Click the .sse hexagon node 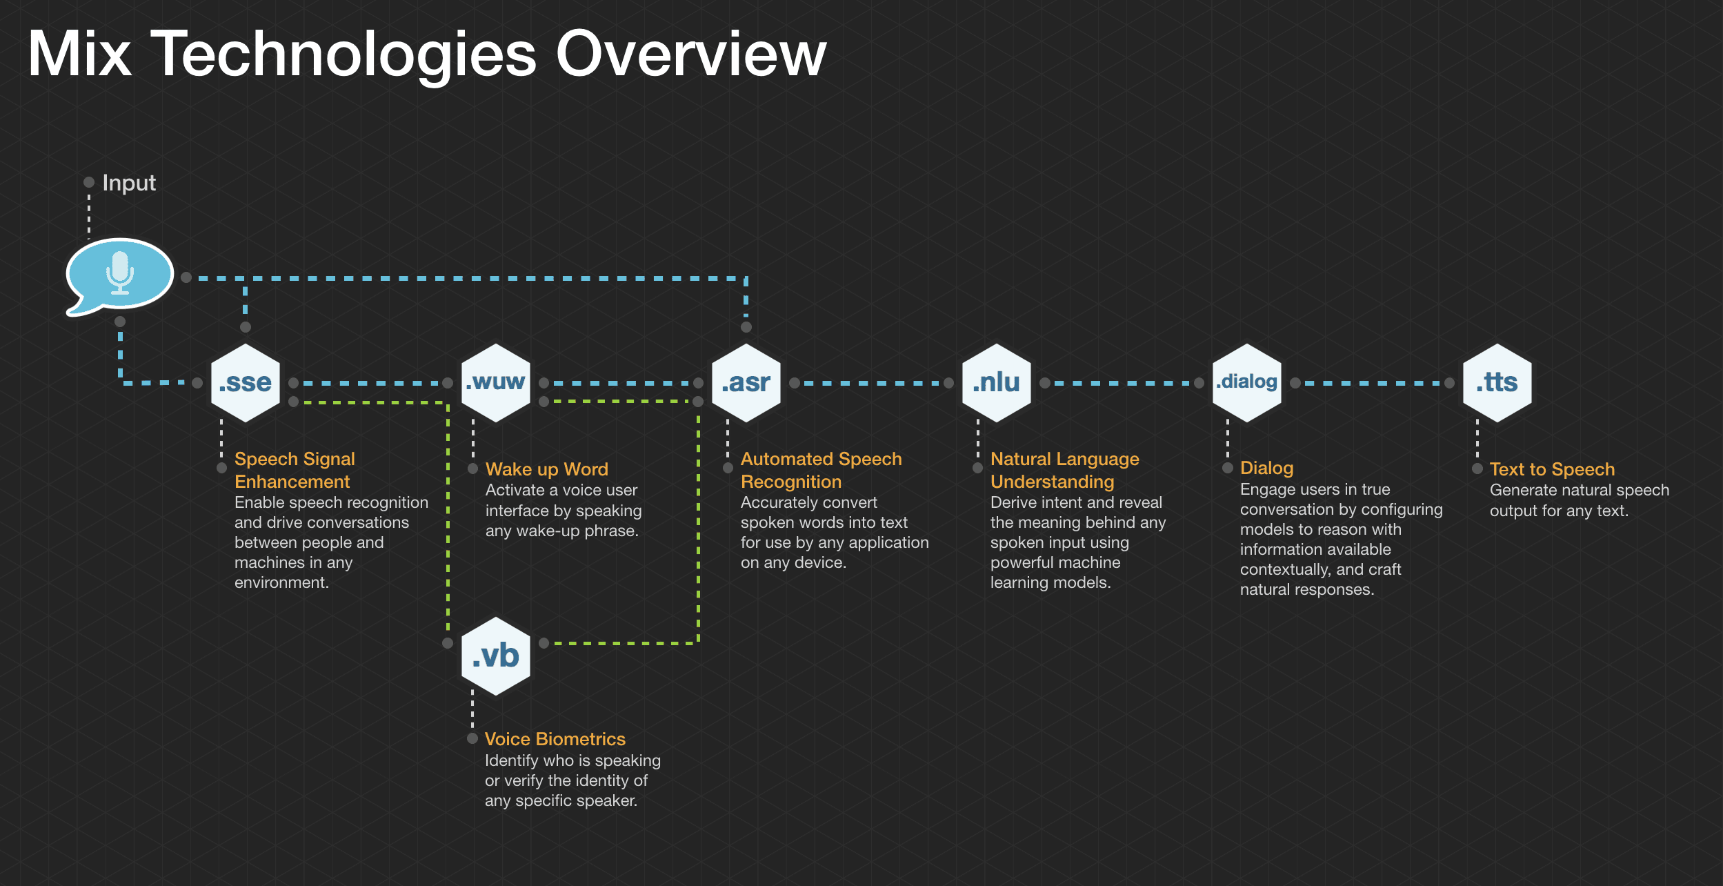point(246,382)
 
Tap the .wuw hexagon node point(495,382)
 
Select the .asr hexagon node point(746,382)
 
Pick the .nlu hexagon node point(997,382)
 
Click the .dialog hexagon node point(1247,382)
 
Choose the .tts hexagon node point(1497,382)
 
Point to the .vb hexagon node point(495,656)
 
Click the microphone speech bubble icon point(119,275)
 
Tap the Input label point(129,183)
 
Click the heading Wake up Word point(546,469)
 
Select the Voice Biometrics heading point(555,739)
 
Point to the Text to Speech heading point(1552,469)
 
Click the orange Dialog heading point(1266,468)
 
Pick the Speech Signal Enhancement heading point(295,470)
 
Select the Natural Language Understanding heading point(1064,470)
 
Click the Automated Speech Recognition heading point(821,470)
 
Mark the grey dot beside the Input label point(89,182)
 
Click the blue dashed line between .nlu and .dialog point(1122,383)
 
